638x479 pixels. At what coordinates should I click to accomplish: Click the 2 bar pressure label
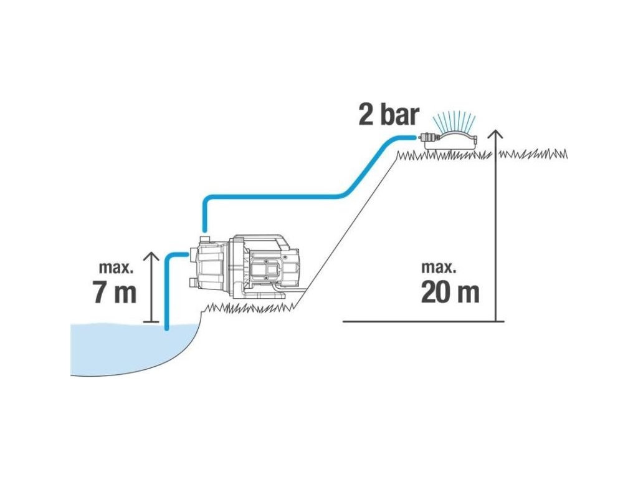388,115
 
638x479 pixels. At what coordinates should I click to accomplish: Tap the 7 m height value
115,292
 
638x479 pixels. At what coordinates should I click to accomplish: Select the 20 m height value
450,292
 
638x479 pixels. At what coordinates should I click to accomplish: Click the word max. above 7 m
116,268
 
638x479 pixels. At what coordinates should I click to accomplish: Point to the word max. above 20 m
439,268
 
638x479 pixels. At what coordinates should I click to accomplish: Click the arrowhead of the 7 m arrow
152,256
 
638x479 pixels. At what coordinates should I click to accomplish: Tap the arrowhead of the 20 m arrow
495,135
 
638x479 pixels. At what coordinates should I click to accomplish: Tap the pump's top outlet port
204,239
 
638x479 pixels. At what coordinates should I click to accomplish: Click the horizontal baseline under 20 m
424,321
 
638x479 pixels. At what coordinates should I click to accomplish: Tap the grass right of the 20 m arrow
533,155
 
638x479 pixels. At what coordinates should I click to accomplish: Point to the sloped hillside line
346,231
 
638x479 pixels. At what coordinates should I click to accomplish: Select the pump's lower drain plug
194,282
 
